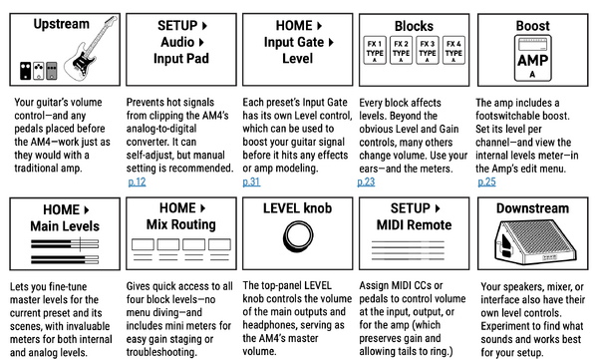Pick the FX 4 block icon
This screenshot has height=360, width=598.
(452, 50)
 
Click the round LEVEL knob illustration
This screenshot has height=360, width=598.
(298, 233)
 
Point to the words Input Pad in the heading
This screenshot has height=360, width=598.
(181, 59)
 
